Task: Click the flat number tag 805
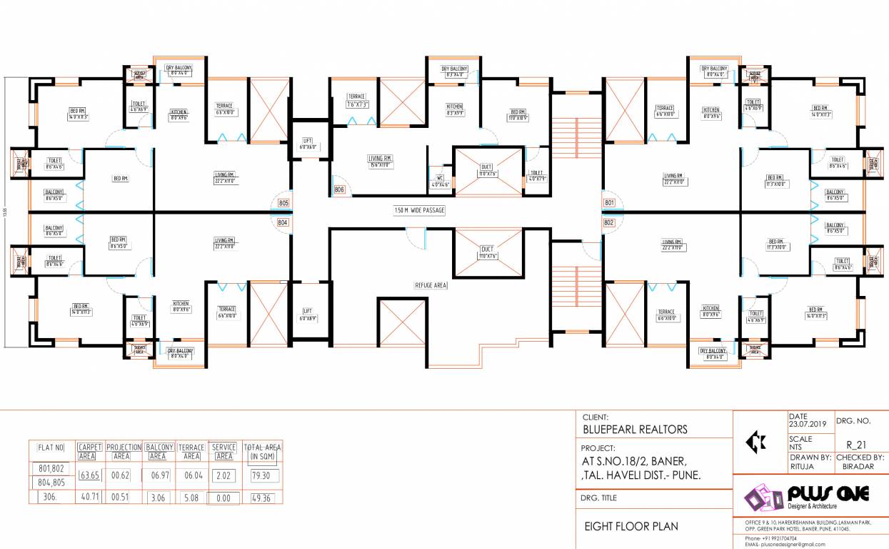[283, 203]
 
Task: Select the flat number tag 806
[338, 190]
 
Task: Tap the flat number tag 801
[609, 203]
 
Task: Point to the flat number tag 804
[283, 222]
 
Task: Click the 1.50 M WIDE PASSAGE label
[419, 210]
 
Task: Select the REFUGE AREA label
[431, 285]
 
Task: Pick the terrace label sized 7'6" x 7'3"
[357, 101]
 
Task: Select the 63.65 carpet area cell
[89, 475]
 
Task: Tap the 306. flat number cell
[49, 498]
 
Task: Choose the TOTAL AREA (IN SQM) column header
[262, 451]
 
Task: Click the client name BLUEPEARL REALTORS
[636, 429]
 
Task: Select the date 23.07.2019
[807, 424]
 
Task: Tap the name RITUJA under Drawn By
[801, 466]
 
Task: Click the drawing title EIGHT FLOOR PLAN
[631, 527]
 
